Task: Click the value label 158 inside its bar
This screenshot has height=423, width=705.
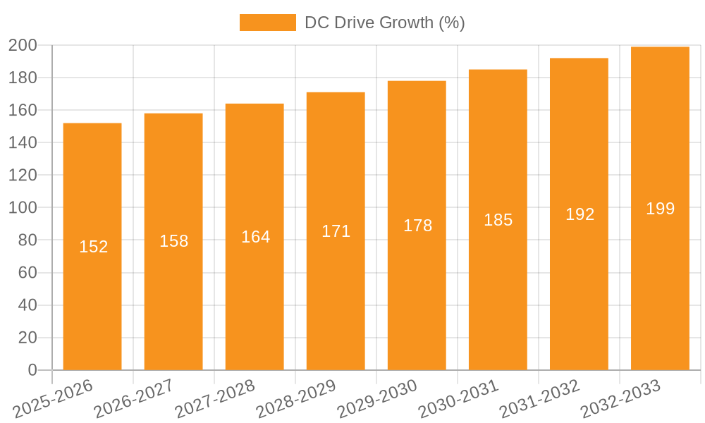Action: [173, 241]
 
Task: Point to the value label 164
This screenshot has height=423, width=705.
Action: [255, 237]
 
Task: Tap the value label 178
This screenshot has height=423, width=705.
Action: [417, 226]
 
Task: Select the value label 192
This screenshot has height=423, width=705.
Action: [580, 214]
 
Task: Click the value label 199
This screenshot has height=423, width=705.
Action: [660, 209]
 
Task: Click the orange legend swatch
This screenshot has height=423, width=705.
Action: [267, 23]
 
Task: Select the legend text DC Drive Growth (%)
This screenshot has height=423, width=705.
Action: [384, 23]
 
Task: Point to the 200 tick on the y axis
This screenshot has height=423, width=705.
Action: [23, 45]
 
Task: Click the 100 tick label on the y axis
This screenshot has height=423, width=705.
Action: [23, 208]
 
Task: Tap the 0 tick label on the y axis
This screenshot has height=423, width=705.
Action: [32, 370]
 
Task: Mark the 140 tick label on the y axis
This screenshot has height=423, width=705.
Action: [23, 142]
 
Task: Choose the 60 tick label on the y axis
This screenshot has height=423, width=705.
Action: [27, 273]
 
